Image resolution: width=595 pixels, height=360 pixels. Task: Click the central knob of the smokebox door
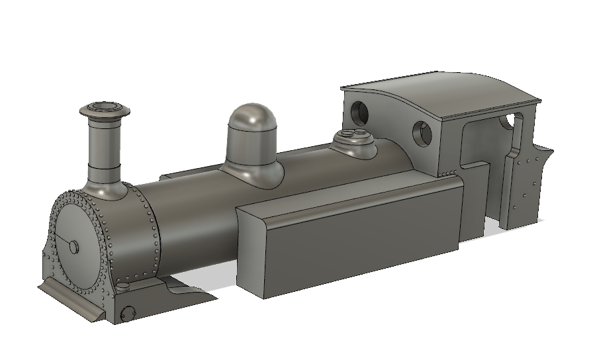point(73,246)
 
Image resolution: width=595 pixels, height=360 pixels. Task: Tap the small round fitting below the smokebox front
point(128,312)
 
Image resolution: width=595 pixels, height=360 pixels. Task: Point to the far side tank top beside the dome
point(192,175)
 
